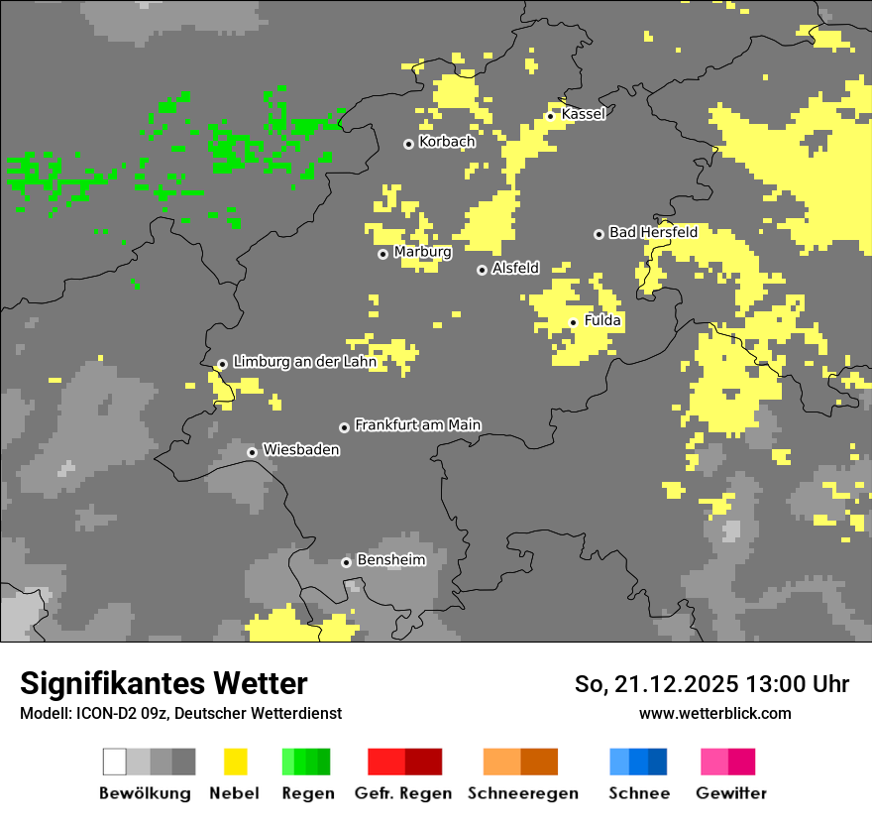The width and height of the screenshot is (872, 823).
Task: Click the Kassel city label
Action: (583, 114)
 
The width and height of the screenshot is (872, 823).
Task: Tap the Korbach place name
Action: (447, 142)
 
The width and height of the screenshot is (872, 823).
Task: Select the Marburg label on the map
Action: (422, 252)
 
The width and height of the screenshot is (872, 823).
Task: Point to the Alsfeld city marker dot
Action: (482, 270)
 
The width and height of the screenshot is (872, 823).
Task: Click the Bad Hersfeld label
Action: (653, 232)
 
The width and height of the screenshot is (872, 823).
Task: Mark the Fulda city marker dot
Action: (573, 322)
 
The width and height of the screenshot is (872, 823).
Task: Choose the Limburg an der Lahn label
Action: (304, 362)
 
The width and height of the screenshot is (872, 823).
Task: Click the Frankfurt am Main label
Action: (417, 424)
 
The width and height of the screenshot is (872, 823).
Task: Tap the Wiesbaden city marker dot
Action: (252, 452)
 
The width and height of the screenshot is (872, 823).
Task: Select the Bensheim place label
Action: (390, 559)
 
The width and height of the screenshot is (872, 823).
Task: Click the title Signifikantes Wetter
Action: (163, 683)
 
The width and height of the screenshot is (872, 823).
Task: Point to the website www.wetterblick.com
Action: (714, 713)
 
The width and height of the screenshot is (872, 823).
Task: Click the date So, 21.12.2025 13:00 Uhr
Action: (711, 684)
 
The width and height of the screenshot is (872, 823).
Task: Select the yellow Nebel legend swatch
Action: (235, 762)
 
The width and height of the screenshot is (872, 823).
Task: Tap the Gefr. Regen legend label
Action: (403, 793)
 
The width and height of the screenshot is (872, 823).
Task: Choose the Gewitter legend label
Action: (731, 793)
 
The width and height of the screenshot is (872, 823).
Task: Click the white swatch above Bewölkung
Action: (115, 762)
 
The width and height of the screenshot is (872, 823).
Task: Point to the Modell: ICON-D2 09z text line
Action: (180, 713)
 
